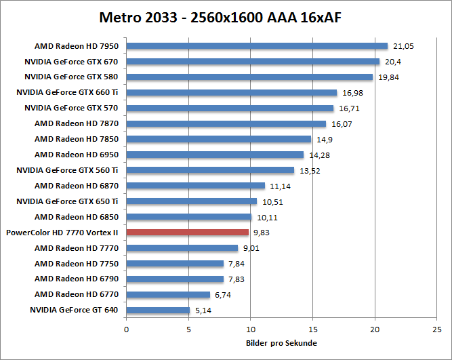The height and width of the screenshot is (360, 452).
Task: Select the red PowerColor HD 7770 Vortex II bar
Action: pyautogui.click(x=188, y=232)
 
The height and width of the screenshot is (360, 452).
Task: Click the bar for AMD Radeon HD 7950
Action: pyautogui.click(x=257, y=46)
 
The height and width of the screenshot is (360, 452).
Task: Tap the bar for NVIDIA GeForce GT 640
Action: pyautogui.click(x=158, y=310)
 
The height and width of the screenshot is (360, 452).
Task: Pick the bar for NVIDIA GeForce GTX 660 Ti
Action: pyautogui.click(x=231, y=93)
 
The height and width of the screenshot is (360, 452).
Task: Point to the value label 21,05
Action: pyautogui.click(x=403, y=46)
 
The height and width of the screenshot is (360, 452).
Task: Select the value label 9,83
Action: pyautogui.click(x=262, y=232)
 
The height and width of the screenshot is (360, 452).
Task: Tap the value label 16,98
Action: pyautogui.click(x=352, y=93)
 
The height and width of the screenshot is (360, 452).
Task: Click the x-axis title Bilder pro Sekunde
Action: pyautogui.click(x=281, y=342)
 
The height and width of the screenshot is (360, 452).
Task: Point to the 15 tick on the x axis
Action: pyautogui.click(x=313, y=329)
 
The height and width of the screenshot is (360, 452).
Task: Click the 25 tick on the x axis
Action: pyautogui.click(x=437, y=329)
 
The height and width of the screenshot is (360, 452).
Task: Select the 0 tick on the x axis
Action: pyautogui.click(x=126, y=329)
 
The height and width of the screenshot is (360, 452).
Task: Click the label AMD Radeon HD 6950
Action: pyautogui.click(x=77, y=155)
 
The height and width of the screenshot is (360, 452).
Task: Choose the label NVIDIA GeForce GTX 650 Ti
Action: pyautogui.click(x=68, y=201)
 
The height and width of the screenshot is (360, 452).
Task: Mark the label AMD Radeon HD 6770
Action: pyautogui.click(x=77, y=294)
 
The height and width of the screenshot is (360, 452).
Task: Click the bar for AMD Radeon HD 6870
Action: pyautogui.click(x=195, y=186)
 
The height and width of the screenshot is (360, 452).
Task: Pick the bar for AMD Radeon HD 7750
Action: pyautogui.click(x=175, y=263)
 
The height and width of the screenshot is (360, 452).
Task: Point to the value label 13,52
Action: pyautogui.click(x=309, y=170)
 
